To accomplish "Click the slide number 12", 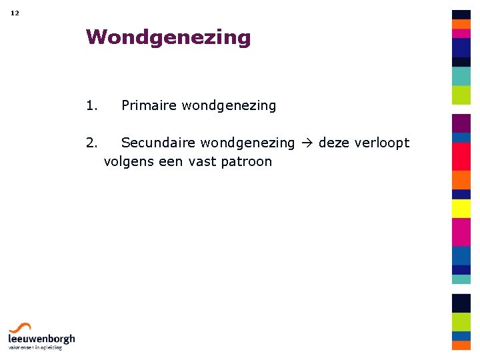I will pyautogui.click(x=15, y=13).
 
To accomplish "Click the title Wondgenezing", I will pyautogui.click(x=168, y=37).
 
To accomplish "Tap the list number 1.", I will pyautogui.click(x=92, y=105).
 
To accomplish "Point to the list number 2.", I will pyautogui.click(x=92, y=143).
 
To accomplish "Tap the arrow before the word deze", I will pyautogui.click(x=306, y=143).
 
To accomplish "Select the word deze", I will pyautogui.click(x=333, y=143).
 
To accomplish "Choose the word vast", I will pyautogui.click(x=201, y=161).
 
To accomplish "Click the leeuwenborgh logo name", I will pyautogui.click(x=41, y=339).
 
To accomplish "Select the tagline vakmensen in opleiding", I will pyautogui.click(x=35, y=347).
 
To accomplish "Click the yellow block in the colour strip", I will pyautogui.click(x=461, y=209).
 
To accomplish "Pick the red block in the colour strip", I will pyautogui.click(x=461, y=157).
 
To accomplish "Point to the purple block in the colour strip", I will pyautogui.click(x=461, y=123).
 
